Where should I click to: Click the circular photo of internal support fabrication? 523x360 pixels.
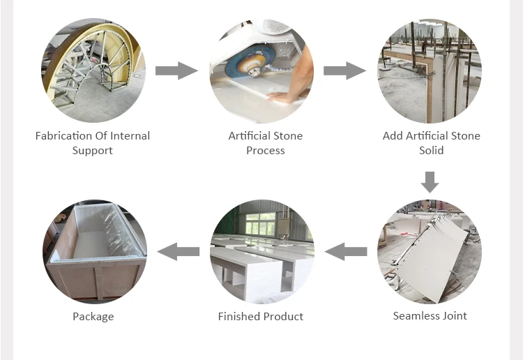[93, 70]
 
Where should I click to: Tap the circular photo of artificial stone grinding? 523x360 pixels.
[261, 70]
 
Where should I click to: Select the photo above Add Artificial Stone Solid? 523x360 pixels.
[430, 70]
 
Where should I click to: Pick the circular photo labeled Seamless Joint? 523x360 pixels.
[430, 251]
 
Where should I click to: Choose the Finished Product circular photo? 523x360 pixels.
[261, 251]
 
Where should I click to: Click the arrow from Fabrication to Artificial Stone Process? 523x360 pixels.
[176, 70]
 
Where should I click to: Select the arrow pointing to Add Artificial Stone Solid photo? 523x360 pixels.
[344, 70]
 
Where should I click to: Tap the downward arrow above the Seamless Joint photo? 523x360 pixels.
[430, 181]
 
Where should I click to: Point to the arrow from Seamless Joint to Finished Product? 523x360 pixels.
[346, 251]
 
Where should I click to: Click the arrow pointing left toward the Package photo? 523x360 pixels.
[178, 251]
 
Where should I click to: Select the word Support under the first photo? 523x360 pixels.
[93, 150]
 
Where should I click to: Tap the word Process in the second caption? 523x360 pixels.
[266, 150]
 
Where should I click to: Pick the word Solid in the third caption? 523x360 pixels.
[431, 150]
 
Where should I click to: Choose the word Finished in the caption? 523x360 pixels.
[238, 317]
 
